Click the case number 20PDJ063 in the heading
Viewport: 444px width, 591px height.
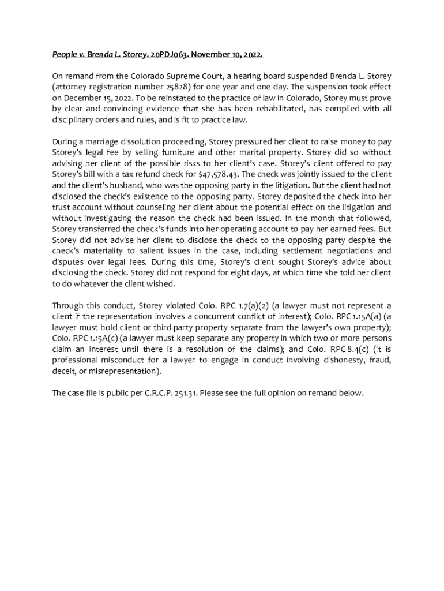169,55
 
